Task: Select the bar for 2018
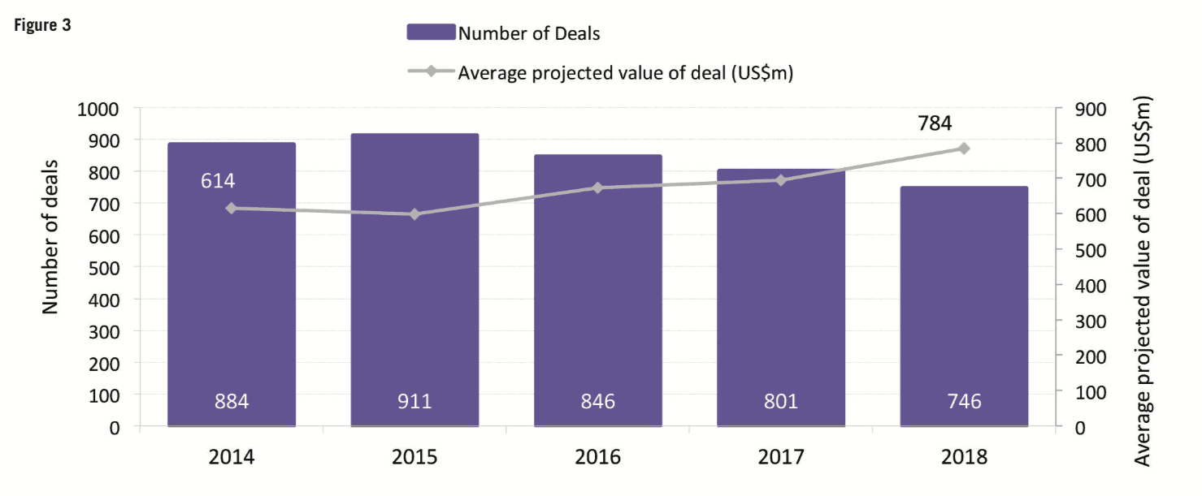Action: (x=964, y=308)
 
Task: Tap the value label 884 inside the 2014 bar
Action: (x=231, y=401)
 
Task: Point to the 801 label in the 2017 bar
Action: (x=780, y=401)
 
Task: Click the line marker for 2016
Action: (x=597, y=188)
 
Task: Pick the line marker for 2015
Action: (x=414, y=214)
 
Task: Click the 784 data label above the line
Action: (x=934, y=123)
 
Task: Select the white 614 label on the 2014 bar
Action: (x=218, y=180)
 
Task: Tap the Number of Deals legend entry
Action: (x=529, y=33)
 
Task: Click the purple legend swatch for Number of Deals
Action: (x=431, y=32)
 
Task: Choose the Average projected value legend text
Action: (x=625, y=73)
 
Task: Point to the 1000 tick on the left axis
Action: (x=98, y=108)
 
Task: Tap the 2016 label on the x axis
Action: (x=597, y=456)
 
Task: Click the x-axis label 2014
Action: (x=231, y=456)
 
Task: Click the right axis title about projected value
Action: (x=1143, y=281)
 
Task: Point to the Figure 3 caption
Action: (x=41, y=25)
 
